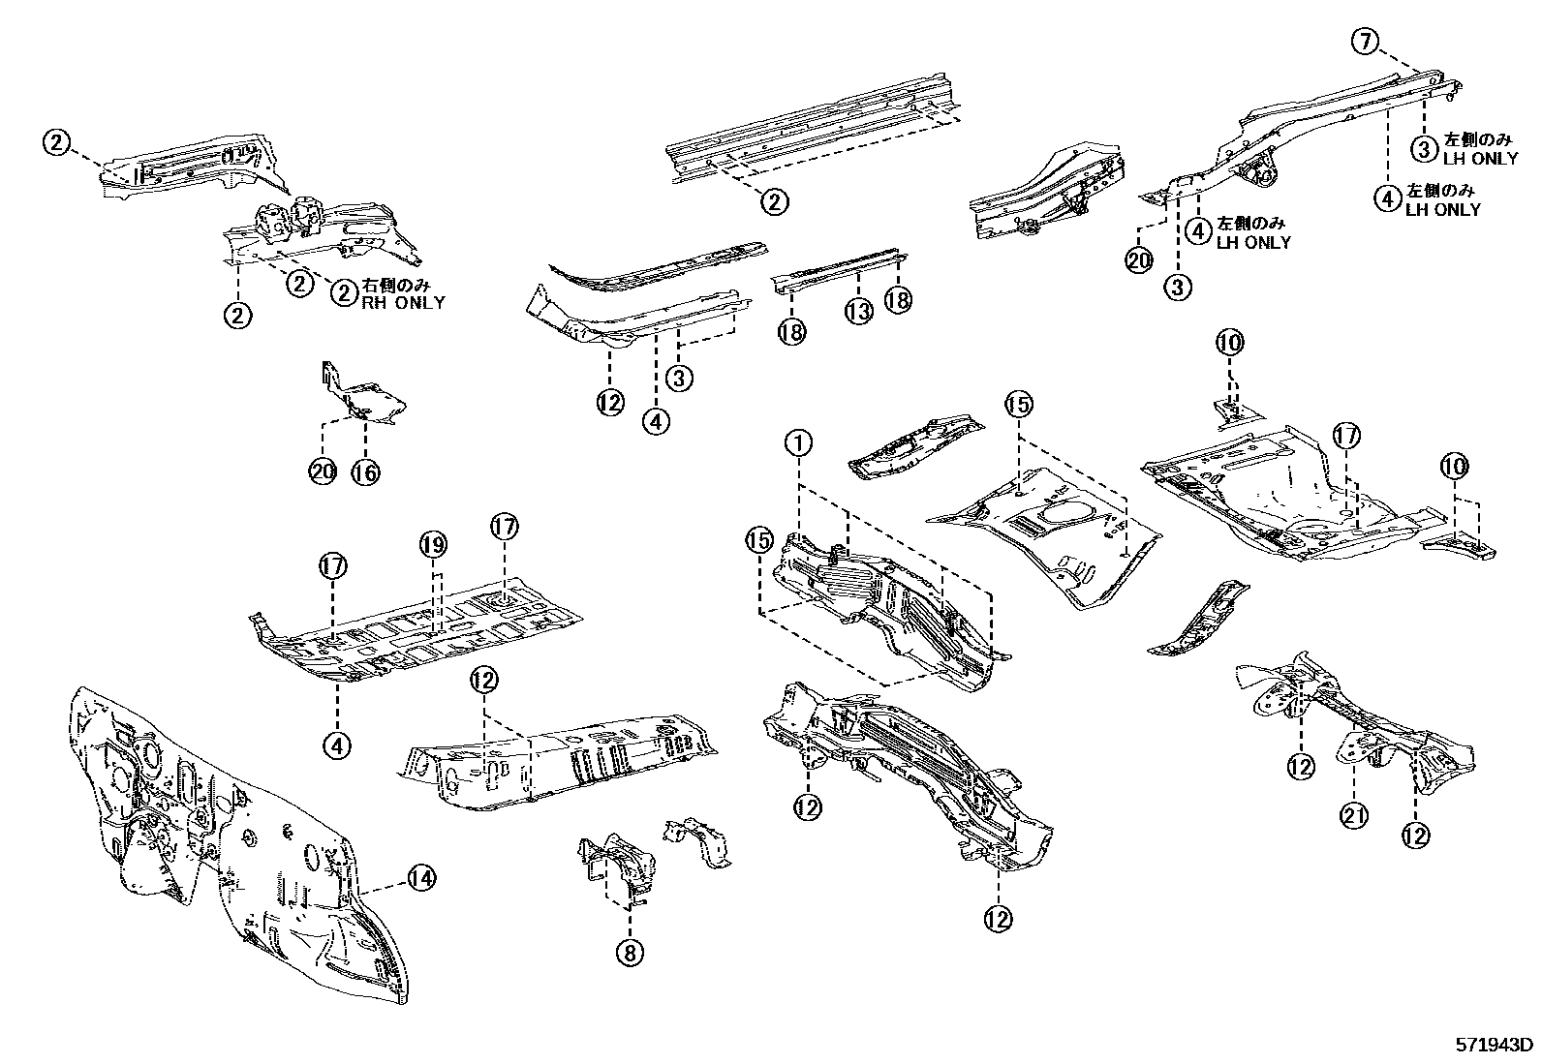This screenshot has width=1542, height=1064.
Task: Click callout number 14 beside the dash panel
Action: [418, 878]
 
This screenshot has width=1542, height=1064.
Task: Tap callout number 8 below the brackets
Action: [629, 953]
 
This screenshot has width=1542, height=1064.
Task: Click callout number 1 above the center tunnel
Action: [797, 443]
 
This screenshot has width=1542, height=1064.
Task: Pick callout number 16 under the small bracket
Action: [365, 471]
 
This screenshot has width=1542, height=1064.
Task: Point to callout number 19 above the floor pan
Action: [433, 545]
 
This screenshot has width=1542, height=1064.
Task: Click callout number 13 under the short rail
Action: [858, 310]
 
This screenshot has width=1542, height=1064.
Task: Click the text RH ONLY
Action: [404, 302]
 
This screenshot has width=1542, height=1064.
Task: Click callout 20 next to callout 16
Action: [323, 471]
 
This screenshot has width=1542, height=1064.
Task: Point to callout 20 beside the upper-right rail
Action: [1139, 259]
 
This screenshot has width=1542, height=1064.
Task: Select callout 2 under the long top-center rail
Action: [774, 201]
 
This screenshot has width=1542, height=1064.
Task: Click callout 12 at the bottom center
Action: [998, 918]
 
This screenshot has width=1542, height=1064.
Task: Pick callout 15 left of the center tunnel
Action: [760, 538]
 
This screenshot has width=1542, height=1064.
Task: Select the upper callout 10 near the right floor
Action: [1230, 342]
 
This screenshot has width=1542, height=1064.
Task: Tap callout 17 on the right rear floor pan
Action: [1346, 437]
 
